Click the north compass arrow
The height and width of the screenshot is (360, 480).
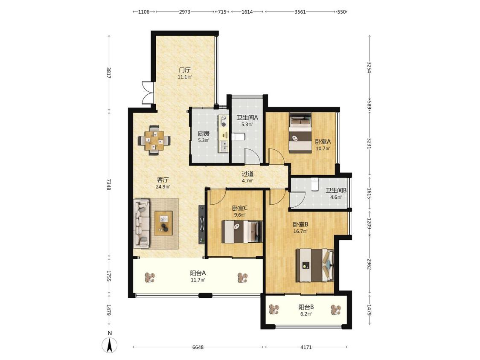point(110,345)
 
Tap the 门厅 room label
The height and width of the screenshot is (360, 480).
point(185,70)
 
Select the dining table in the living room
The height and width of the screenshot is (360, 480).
point(154,140)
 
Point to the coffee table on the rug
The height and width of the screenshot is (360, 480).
point(163,223)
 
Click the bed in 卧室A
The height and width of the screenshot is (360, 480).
point(300,133)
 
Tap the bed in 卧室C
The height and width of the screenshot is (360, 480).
point(242,232)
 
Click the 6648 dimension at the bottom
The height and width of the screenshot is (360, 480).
point(198,347)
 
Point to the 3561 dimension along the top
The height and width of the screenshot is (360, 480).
point(300,12)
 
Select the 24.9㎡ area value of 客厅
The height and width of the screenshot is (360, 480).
point(163,186)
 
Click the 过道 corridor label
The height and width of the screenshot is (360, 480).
point(247,174)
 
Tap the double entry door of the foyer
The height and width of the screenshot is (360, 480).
point(148,93)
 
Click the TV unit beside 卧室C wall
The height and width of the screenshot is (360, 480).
point(201,224)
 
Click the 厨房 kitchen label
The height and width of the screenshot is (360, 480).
point(204,134)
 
